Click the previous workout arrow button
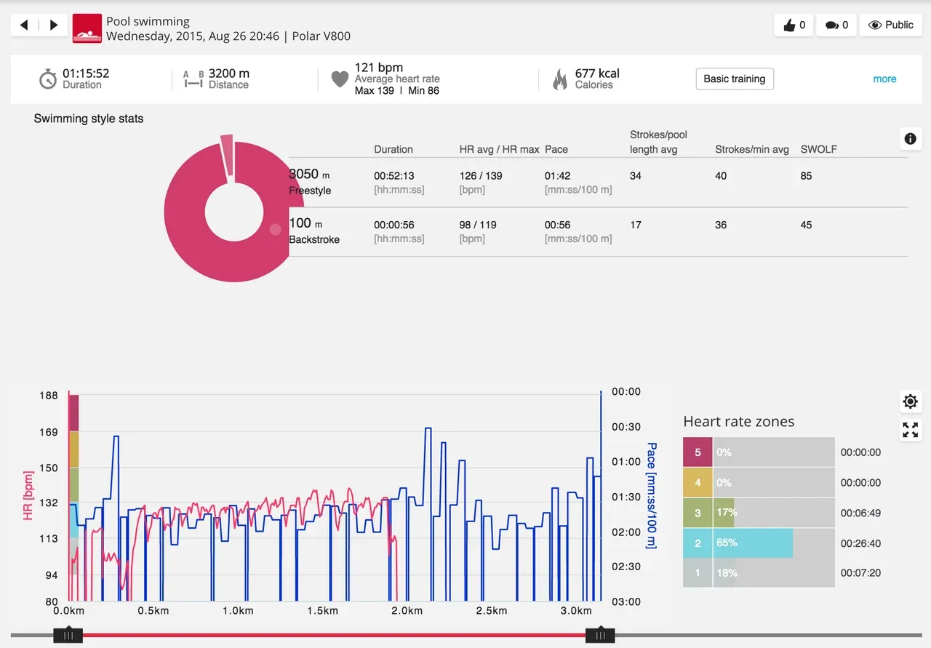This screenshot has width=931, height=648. tap(25, 25)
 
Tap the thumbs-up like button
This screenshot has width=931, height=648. tap(794, 25)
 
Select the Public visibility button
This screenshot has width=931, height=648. tap(891, 25)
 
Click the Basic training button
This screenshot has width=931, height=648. tap(734, 79)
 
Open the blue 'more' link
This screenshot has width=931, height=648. tap(884, 79)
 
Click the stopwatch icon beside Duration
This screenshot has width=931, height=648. tap(48, 79)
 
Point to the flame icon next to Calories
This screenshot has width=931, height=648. tap(560, 79)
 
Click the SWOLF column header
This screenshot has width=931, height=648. tap(818, 149)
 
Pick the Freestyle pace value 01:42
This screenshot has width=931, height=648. tap(556, 176)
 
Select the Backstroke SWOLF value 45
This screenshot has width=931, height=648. tap(806, 225)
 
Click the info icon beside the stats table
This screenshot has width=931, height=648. tap(910, 139)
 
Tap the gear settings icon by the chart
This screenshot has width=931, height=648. tap(910, 401)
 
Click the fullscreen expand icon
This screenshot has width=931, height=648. tap(910, 429)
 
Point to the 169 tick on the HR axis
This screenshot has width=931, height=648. tap(49, 432)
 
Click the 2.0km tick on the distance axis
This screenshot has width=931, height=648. tap(406, 610)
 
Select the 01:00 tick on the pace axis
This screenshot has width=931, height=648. tap(626, 462)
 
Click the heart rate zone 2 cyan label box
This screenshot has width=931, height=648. tap(698, 543)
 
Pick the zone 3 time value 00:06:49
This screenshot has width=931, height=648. tap(860, 513)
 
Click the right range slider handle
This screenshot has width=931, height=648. tap(600, 635)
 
